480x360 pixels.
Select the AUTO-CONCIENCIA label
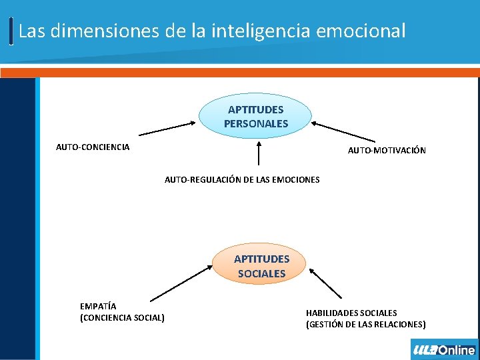(93, 147)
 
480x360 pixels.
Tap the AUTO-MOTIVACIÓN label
(387, 151)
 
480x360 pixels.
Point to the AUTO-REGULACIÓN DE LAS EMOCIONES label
(242, 179)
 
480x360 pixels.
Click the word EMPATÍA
(98, 306)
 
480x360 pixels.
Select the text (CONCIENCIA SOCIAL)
(122, 318)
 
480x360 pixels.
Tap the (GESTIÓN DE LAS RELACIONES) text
(365, 325)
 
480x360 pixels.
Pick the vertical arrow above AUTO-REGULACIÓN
(259, 152)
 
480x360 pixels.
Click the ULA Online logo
(444, 349)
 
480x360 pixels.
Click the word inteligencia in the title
(255, 31)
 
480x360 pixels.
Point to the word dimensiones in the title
(96, 31)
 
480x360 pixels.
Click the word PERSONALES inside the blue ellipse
(256, 123)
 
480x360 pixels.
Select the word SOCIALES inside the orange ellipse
(261, 273)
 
